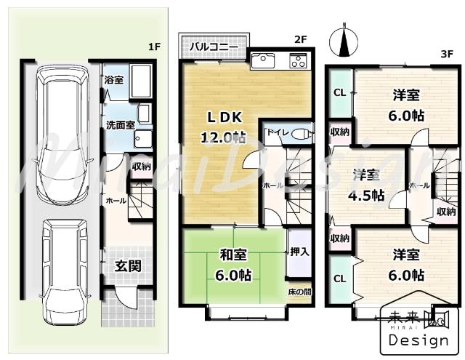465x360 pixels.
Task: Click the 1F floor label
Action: point(153,47)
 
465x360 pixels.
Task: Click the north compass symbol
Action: point(344,41)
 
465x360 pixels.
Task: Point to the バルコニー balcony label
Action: point(214,47)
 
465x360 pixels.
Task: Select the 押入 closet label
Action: point(299,252)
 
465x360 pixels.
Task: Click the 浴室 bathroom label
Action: point(113,80)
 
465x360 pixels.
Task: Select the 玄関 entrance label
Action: point(128,266)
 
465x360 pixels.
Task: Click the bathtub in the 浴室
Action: point(142,81)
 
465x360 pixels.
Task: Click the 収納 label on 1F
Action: point(141,167)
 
